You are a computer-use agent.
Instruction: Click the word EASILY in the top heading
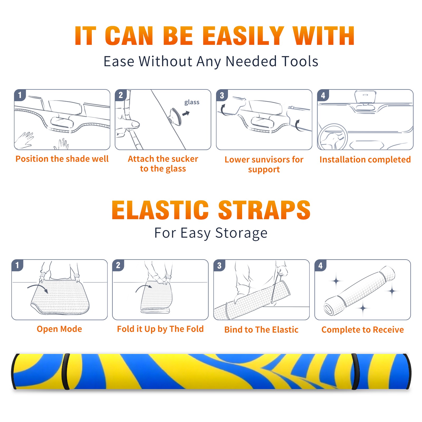tap(243, 36)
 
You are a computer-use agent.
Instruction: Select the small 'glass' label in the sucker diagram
tap(192, 102)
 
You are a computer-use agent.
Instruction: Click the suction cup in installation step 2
tap(175, 116)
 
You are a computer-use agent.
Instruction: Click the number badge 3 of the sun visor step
tap(222, 95)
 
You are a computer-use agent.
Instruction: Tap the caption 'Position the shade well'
tap(62, 159)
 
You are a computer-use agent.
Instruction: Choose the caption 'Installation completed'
tap(365, 160)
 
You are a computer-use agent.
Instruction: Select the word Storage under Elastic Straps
tap(241, 233)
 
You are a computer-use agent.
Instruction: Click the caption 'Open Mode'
tap(59, 329)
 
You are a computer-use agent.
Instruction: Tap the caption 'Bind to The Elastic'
tap(261, 330)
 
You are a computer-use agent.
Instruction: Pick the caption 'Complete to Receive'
tap(363, 330)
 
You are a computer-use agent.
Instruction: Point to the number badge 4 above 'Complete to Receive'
tap(320, 265)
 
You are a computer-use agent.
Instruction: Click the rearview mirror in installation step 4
tap(365, 97)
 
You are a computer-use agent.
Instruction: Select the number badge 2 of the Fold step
tap(118, 265)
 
